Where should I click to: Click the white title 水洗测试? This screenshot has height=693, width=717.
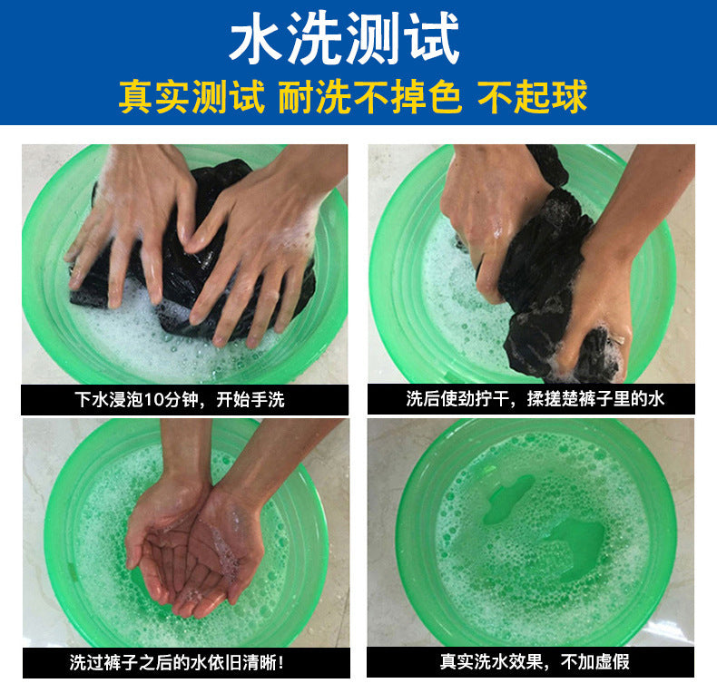344,38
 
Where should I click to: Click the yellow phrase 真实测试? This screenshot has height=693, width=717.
192,96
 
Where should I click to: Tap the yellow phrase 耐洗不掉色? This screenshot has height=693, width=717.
369,96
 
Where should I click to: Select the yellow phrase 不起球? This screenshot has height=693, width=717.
532,96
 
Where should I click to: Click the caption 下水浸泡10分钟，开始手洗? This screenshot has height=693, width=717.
180,399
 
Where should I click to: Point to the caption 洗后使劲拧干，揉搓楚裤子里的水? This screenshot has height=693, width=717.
535,398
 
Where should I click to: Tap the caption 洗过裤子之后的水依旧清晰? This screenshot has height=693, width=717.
176,662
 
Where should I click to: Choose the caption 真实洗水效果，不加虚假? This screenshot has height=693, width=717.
535,661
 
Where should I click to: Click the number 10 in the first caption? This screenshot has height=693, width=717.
154,400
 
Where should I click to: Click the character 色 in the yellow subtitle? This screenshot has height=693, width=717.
445,96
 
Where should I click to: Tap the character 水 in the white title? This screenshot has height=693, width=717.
256,38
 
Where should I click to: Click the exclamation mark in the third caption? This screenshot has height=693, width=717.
280,662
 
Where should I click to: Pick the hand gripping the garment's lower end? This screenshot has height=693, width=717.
594,302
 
